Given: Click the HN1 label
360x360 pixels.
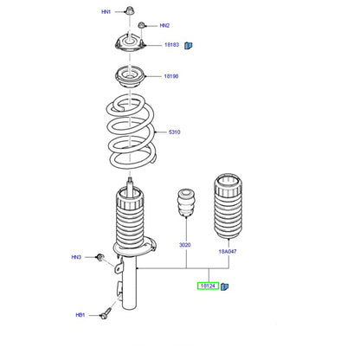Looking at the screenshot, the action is point(106,12).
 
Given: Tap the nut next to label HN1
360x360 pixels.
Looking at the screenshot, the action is point(130,10).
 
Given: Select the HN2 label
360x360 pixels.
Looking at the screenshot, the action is point(164,26).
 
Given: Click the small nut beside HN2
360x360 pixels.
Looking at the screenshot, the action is point(141,25).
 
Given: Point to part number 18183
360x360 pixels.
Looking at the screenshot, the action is point(171,45).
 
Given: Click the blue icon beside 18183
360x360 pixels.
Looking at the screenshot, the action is point(189,45).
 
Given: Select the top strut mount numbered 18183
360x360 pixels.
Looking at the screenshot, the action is point(131,42).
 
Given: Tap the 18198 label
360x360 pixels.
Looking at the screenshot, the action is point(171,76).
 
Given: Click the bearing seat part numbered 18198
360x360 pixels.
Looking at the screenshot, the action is point(131,77).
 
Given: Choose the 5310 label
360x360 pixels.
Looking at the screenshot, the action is point(174,132).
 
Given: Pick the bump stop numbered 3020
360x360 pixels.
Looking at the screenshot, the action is point(186,202).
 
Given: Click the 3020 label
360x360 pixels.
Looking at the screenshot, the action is point(185,245).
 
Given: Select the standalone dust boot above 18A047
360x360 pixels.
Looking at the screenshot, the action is point(228,206).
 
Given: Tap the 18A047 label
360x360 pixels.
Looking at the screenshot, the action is point(228,252).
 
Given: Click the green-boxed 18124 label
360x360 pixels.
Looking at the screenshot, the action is point(208,286).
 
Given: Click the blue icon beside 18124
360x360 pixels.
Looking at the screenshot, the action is point(224,286).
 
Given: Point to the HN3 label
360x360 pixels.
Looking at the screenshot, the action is point(76,257).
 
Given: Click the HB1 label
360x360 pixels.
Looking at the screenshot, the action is point(80,315).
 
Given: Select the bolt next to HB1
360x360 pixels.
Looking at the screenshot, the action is point(106,313).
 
